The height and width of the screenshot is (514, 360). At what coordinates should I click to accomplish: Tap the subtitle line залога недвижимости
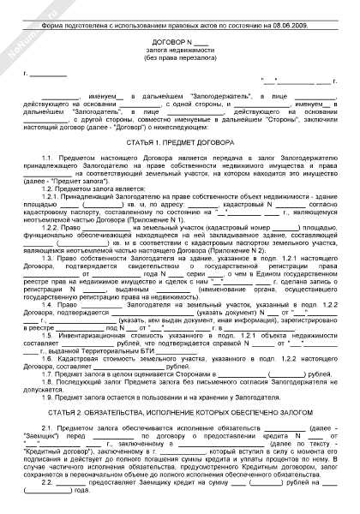(179, 51)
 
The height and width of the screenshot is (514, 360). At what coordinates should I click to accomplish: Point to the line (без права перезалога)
(179, 60)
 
